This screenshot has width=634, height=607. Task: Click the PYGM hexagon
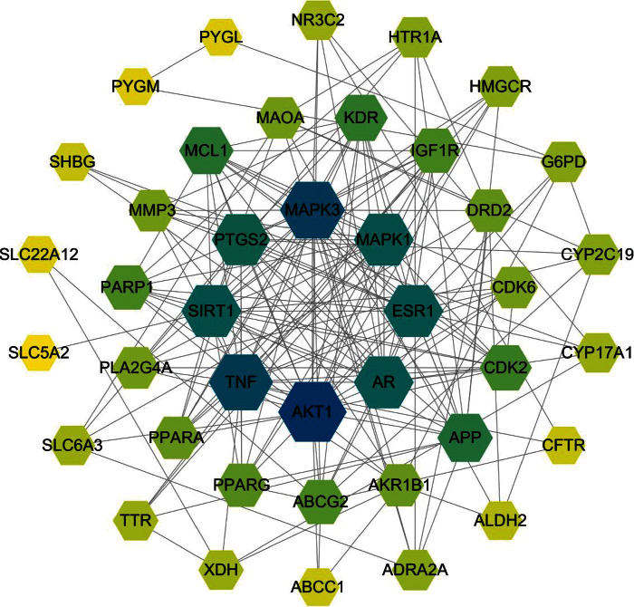click(x=136, y=86)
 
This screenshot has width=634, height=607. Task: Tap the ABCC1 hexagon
click(x=317, y=582)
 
